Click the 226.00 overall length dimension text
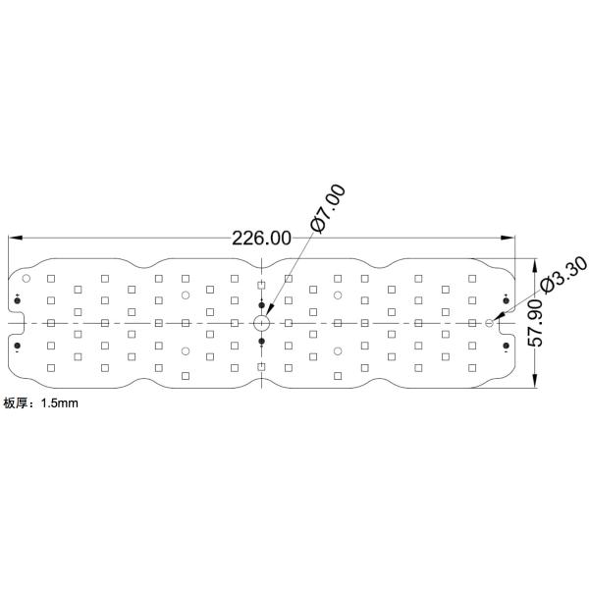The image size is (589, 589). [x=260, y=238]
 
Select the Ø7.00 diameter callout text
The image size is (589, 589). [x=328, y=208]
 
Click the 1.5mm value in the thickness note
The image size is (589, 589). [x=60, y=402]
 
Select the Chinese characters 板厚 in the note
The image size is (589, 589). [x=16, y=402]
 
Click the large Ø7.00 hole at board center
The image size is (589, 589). [x=261, y=322]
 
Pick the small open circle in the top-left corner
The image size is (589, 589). [x=27, y=279]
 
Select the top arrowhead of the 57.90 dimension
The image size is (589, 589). [x=535, y=264]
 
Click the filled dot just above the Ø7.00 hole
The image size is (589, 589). [x=261, y=304]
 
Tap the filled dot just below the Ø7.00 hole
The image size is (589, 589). [x=261, y=341]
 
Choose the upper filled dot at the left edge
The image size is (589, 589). [x=17, y=299]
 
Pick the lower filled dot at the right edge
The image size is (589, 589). [x=506, y=346]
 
